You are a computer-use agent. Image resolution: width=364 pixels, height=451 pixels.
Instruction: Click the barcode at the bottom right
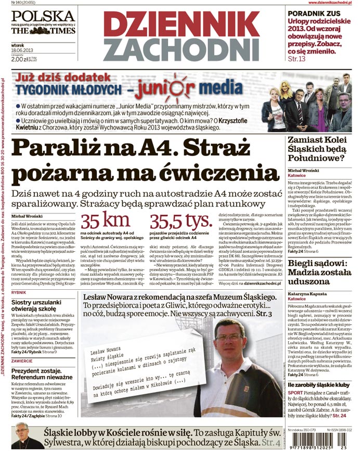click(x=318, y=441)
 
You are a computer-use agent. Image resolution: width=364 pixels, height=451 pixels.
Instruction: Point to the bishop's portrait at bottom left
click(x=22, y=435)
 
